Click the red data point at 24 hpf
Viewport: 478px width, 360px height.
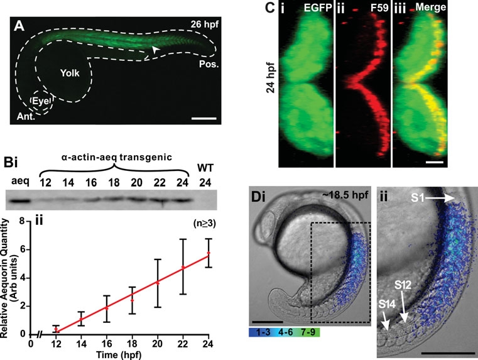(208, 253)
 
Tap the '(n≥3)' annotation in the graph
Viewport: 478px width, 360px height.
(198, 222)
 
